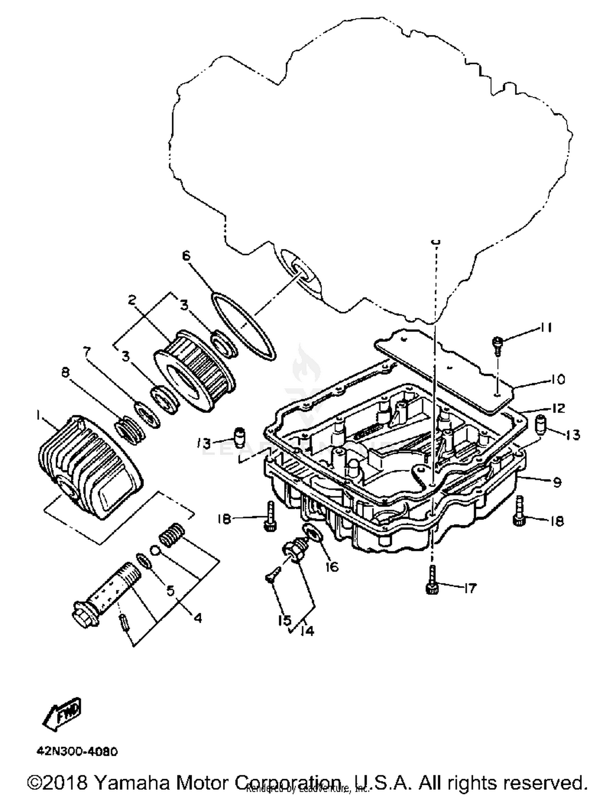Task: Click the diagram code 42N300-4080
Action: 77,752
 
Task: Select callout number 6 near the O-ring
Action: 186,256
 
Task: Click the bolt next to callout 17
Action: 432,580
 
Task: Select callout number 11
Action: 546,328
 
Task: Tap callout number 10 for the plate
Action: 558,379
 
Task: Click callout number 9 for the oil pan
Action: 557,482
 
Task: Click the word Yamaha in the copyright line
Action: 132,783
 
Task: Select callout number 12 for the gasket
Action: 558,408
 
